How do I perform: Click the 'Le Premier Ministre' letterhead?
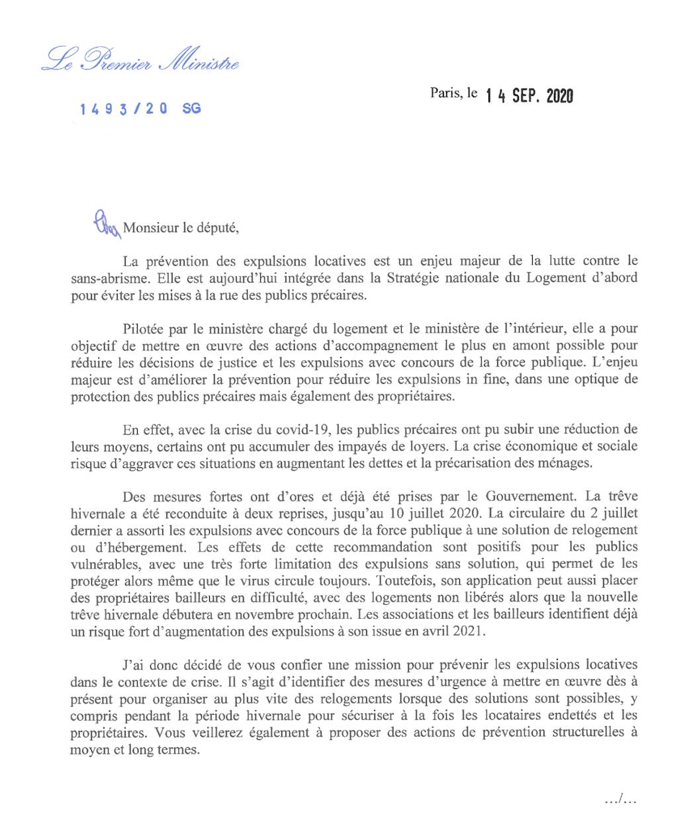(x=140, y=61)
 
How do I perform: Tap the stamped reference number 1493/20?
(x=123, y=109)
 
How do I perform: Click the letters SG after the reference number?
(x=191, y=109)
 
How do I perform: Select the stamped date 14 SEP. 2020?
(x=529, y=96)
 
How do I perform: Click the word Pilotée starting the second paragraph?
(x=144, y=328)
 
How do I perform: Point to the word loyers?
(x=377, y=446)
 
